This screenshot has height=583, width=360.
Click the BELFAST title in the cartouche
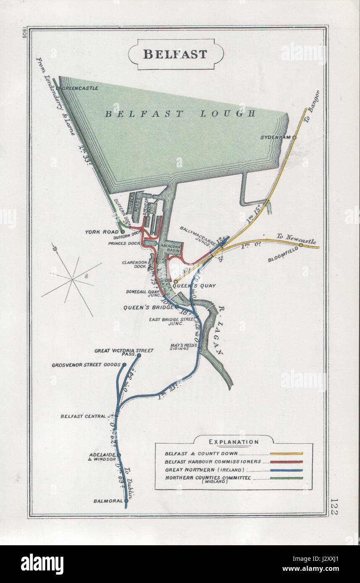pyautogui.click(x=175, y=54)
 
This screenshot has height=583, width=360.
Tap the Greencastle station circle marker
pyautogui.click(x=59, y=88)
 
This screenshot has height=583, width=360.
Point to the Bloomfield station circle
pyautogui.click(x=301, y=245)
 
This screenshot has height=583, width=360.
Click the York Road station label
pyautogui.click(x=101, y=232)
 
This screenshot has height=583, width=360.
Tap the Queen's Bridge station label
pyautogui.click(x=148, y=307)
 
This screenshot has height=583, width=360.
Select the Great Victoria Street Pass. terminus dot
pyautogui.click(x=139, y=356)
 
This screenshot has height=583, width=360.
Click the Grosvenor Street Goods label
pyautogui.click(x=86, y=365)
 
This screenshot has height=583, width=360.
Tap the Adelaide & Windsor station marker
pyautogui.click(x=119, y=455)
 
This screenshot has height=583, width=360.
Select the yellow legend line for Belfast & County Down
pyautogui.click(x=287, y=453)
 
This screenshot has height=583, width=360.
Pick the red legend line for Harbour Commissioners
pyautogui.click(x=287, y=461)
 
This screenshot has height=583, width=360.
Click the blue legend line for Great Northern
pyautogui.click(x=287, y=470)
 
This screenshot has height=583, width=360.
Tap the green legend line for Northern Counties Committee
pyautogui.click(x=287, y=478)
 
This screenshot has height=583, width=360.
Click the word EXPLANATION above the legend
pyautogui.click(x=234, y=442)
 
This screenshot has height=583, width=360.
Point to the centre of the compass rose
pyautogui.click(x=73, y=278)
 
